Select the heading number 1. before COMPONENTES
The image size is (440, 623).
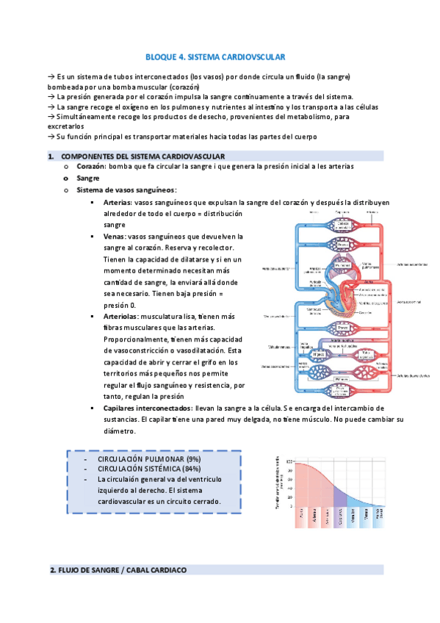click(51, 156)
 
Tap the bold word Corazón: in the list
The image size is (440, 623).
click(90, 167)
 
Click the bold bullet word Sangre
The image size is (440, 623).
click(87, 179)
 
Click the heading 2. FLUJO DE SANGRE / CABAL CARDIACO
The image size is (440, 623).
click(122, 569)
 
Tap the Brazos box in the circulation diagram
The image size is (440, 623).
click(342, 244)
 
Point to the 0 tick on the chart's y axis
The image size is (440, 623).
click(292, 506)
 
